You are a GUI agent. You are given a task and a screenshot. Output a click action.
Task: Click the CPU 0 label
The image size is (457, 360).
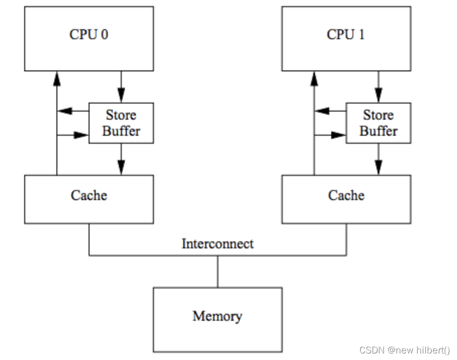(89, 35)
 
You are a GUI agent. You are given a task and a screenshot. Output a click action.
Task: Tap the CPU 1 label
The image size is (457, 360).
(346, 35)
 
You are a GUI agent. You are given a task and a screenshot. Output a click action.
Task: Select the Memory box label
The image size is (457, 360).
(217, 316)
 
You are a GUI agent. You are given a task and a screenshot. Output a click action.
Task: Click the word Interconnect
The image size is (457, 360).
(217, 244)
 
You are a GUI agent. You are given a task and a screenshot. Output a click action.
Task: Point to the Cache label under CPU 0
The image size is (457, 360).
(89, 195)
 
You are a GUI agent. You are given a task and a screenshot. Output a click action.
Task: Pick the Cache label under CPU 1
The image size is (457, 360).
(346, 195)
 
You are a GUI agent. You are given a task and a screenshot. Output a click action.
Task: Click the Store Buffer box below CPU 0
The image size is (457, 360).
(121, 123)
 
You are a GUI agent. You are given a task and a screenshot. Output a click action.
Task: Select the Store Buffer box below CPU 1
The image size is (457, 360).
(378, 123)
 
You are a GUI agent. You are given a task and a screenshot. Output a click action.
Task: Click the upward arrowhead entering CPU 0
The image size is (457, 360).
(57, 78)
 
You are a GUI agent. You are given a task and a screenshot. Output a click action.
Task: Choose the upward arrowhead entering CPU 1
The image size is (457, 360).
(315, 78)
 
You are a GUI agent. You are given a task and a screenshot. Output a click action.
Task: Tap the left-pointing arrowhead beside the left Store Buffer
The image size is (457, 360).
(63, 111)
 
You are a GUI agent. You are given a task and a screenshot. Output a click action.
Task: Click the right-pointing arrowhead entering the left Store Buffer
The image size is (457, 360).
(82, 135)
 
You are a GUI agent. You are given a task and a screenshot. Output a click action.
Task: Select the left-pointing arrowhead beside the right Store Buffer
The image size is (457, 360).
(321, 111)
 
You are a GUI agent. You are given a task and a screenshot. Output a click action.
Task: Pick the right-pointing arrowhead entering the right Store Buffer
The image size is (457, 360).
(340, 135)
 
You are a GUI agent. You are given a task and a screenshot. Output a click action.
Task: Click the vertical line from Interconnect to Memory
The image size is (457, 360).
(218, 272)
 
